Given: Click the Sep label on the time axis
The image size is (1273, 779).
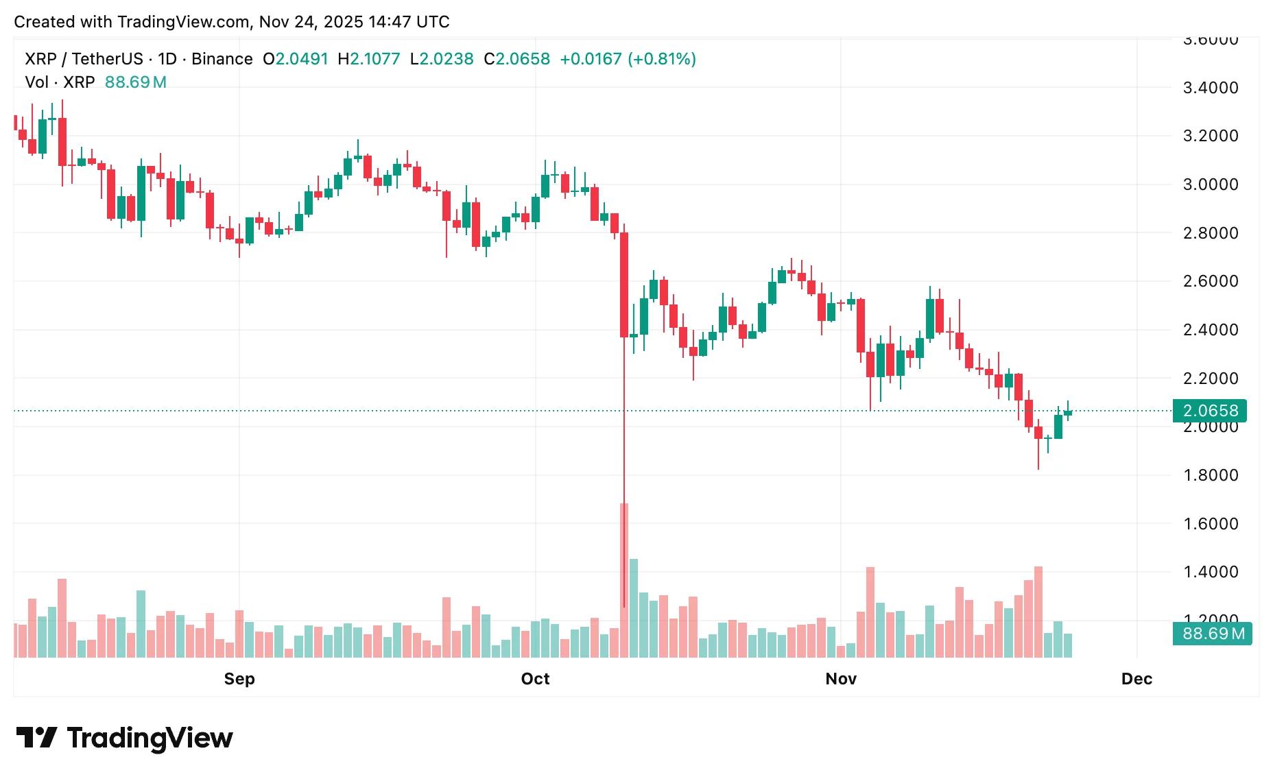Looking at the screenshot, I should [239, 679].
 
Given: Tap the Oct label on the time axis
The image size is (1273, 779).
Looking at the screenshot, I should [535, 679].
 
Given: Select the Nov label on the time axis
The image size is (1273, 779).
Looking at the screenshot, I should [841, 679].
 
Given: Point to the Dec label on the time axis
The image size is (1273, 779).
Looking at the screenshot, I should [1137, 679].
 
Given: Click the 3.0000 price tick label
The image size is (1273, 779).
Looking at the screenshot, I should [1211, 184].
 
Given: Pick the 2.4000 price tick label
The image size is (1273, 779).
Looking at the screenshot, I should [1211, 330].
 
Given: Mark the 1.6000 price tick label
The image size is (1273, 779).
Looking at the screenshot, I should [1211, 524].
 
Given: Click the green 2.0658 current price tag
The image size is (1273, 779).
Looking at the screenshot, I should [1211, 411].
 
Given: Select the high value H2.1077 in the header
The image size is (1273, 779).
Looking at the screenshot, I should [369, 59].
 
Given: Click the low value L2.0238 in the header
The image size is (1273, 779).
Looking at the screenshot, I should [442, 59].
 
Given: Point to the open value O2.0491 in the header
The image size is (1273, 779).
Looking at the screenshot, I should [296, 59].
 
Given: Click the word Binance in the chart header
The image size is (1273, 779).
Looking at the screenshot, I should [222, 59].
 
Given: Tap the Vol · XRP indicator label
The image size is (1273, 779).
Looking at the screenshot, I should [60, 82].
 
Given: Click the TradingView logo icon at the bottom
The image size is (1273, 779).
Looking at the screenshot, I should [36, 738].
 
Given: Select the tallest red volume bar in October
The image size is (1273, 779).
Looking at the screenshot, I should [624, 580].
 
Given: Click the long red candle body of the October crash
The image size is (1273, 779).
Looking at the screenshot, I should [624, 285].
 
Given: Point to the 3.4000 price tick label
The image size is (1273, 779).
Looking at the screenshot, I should [1211, 88].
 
